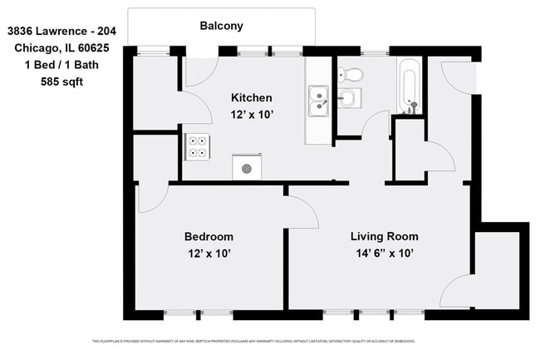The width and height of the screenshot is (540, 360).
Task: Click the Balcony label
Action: pyautogui.click(x=221, y=26)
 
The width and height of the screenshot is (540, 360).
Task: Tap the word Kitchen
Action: pyautogui.click(x=251, y=98)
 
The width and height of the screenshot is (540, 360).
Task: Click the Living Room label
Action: pyautogui.click(x=383, y=236)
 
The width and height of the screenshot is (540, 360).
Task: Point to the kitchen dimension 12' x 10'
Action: pyautogui.click(x=251, y=115)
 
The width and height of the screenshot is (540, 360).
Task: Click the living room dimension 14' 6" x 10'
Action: pyautogui.click(x=383, y=253)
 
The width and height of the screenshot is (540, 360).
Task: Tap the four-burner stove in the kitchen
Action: pyautogui.click(x=198, y=146)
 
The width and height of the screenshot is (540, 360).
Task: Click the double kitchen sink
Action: pyautogui.click(x=317, y=101)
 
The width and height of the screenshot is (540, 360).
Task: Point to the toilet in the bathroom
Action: pyautogui.click(x=352, y=74)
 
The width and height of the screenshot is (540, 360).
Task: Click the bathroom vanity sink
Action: pyautogui.click(x=347, y=99)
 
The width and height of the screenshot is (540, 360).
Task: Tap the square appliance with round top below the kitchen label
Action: pyautogui.click(x=247, y=167)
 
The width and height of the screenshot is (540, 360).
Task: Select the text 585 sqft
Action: pyautogui.click(x=61, y=81)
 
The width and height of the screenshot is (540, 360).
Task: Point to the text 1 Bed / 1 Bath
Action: pyautogui.click(x=61, y=65)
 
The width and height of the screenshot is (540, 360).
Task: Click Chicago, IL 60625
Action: pyautogui.click(x=61, y=48)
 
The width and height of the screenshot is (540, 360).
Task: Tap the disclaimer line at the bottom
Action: pyautogui.click(x=253, y=342)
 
